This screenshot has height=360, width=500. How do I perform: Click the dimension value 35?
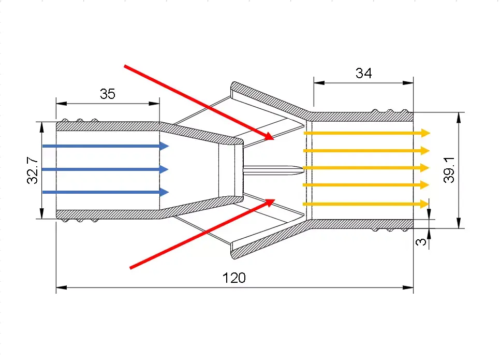(x=107, y=94)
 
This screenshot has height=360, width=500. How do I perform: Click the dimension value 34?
(x=363, y=73)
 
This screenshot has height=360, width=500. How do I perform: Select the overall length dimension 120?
(x=234, y=278)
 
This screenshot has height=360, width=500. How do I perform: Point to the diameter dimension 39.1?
(x=449, y=170)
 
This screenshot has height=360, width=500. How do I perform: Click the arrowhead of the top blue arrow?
(x=165, y=146)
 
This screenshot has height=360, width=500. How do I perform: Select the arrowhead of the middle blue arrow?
(x=165, y=169)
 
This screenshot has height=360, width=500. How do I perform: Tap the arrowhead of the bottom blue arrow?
(x=165, y=193)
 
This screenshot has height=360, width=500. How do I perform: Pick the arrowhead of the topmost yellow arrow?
(x=426, y=133)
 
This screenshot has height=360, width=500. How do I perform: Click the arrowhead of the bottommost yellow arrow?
(x=426, y=204)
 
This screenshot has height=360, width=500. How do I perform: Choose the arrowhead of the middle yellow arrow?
(x=426, y=168)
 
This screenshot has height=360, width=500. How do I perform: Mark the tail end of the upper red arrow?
(x=125, y=66)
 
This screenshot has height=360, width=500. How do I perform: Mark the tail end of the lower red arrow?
(x=130, y=268)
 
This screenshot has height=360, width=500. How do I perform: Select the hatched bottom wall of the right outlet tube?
(x=362, y=224)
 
